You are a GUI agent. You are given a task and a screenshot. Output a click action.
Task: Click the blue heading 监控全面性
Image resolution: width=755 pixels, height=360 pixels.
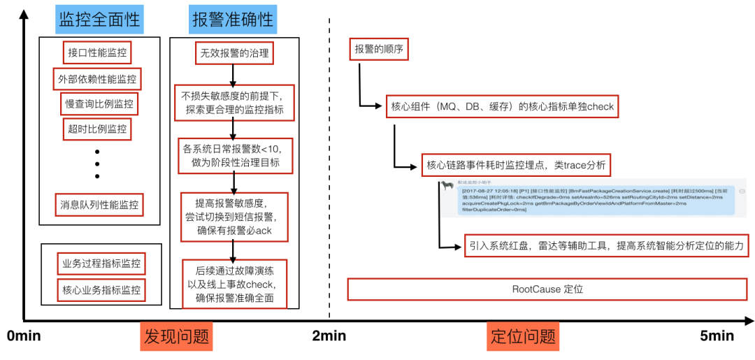point(100,20)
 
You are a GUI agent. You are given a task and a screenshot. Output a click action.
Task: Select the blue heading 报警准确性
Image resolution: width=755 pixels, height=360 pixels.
point(233,20)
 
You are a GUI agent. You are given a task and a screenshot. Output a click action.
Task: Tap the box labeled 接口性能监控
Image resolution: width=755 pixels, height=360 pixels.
point(99,52)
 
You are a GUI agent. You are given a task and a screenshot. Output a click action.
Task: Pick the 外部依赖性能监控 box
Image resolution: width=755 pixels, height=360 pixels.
point(97,78)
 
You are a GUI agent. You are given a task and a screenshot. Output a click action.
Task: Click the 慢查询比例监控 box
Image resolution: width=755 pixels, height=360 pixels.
point(98,103)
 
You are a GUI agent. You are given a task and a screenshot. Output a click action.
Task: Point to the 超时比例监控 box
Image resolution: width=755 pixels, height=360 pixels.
point(98,129)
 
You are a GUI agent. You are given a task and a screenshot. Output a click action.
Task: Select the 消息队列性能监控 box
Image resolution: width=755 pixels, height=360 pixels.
point(100,206)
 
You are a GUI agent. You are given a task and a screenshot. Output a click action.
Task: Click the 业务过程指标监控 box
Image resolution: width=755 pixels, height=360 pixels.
point(101,264)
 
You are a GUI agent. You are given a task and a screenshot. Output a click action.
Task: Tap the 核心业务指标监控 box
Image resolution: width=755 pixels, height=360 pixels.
point(101,289)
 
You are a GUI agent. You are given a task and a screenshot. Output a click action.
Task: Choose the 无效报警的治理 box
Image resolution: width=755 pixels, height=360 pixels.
point(234,53)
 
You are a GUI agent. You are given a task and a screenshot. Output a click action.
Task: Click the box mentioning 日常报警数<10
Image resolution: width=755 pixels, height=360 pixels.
point(234,155)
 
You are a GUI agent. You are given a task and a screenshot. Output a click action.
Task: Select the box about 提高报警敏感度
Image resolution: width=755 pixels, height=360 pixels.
point(234,217)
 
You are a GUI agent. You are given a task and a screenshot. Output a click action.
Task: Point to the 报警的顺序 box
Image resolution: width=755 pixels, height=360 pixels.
point(378,49)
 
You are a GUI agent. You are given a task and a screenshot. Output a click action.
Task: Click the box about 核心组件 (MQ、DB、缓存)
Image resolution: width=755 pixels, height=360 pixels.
point(502,108)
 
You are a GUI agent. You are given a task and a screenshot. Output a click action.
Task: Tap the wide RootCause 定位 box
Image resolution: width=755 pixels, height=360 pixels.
point(547,289)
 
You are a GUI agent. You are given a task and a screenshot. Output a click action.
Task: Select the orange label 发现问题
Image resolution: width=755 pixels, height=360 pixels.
point(176,336)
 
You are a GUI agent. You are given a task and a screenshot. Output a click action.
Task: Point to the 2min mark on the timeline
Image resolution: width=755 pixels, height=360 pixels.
point(329,336)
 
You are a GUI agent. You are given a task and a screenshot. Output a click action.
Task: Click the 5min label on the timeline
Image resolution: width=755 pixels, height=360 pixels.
point(717,336)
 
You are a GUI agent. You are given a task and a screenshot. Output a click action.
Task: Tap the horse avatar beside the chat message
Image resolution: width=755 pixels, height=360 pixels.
point(447,186)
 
